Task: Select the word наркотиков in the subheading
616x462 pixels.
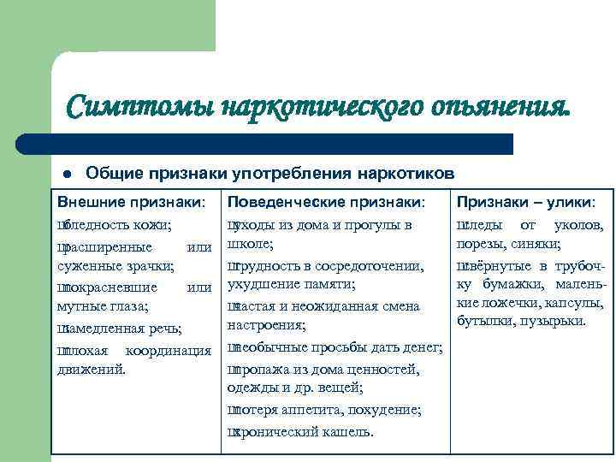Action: [397, 174]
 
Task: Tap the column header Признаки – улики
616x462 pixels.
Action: [526, 203]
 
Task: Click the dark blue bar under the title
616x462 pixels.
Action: [282, 144]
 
